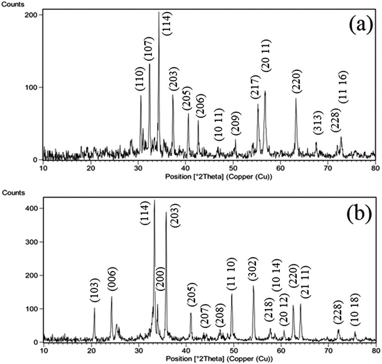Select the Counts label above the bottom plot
tap(14, 193)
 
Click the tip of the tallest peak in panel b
tap(154, 200)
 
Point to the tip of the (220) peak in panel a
tap(296, 98)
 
